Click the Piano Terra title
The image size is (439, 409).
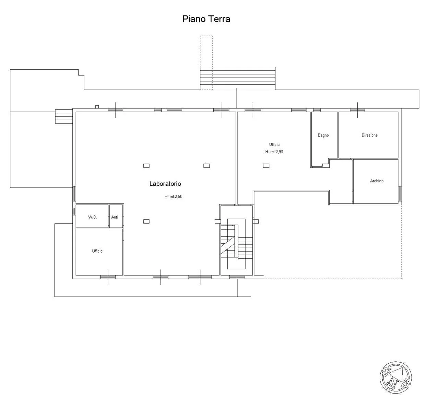tap(206, 19)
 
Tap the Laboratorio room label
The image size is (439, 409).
tap(165, 184)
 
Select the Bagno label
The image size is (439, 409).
tap(323, 135)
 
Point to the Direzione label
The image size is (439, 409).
tap(370, 135)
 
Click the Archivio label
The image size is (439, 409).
tap(377, 181)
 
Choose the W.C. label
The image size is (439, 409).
tap(92, 217)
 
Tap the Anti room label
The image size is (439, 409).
tap(115, 217)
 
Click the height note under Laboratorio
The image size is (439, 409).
tap(173, 196)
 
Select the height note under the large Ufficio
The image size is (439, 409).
tap(274, 152)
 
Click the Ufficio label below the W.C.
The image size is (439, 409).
tap(97, 251)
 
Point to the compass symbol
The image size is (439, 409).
tap(396, 377)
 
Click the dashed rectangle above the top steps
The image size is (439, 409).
tap(206, 62)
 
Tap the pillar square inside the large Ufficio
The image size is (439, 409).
tap(266, 166)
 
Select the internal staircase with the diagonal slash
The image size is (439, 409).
tap(237, 244)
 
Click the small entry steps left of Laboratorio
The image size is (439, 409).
tap(64, 116)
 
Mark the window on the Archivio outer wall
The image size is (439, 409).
tap(400, 194)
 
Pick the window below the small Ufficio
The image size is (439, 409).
tap(108, 277)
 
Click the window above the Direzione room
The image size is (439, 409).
tap(357, 110)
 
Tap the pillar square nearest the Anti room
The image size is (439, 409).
tap(146, 221)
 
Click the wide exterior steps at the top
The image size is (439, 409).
tap(238, 78)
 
